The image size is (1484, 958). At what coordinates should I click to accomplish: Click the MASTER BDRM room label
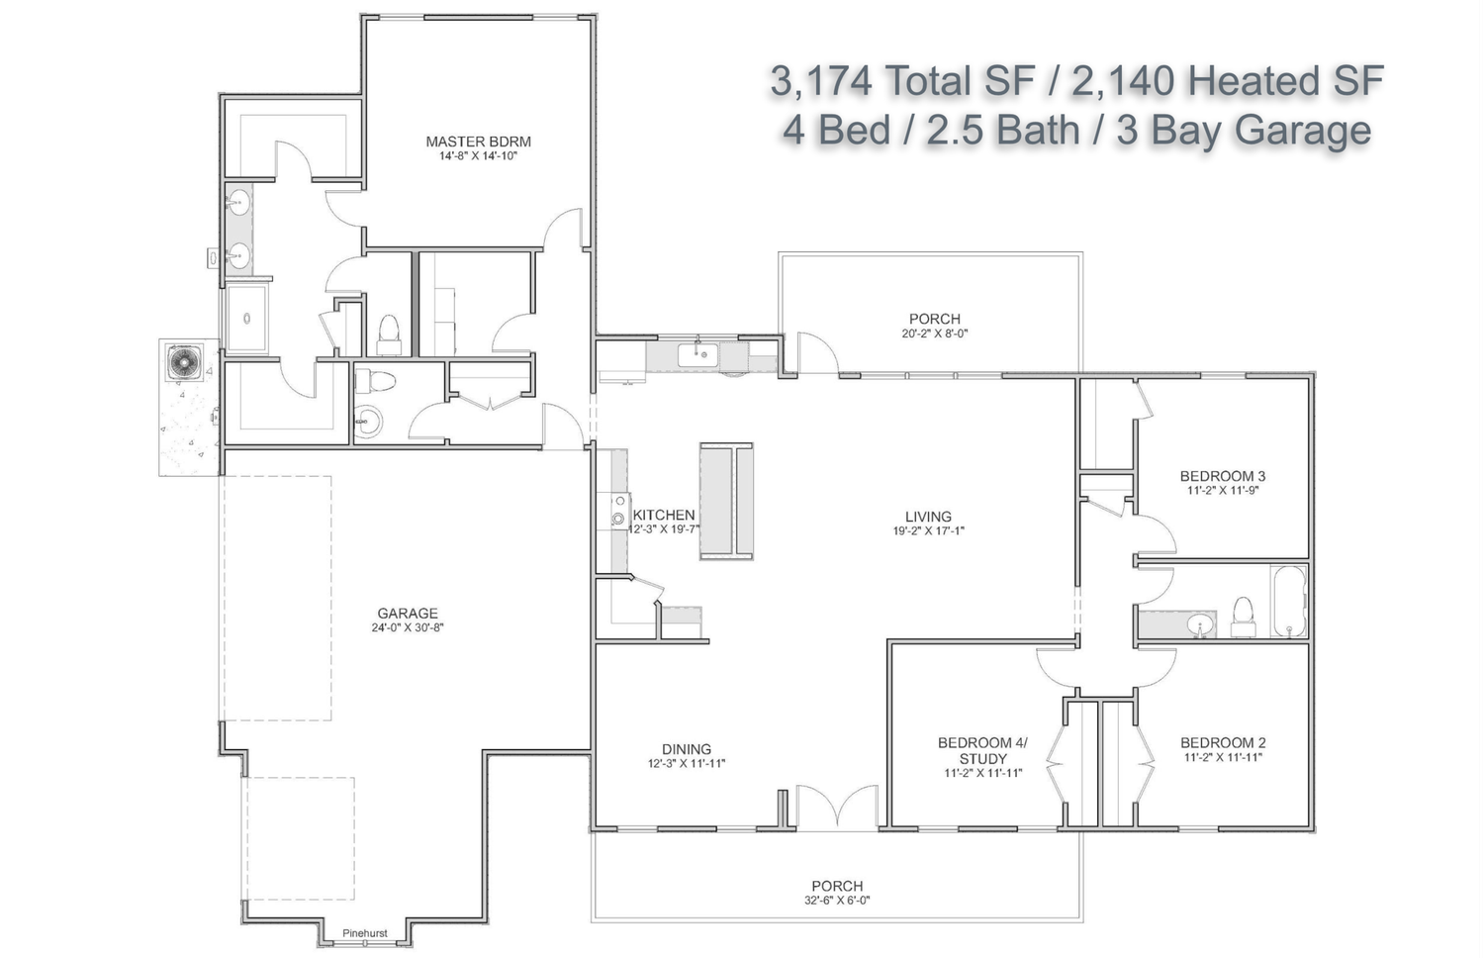click(478, 142)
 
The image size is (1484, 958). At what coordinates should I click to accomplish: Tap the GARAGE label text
click(408, 614)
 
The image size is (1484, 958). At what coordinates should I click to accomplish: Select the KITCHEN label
click(664, 515)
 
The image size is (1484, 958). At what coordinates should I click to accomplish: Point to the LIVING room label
click(928, 517)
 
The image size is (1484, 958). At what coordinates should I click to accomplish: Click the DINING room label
click(687, 749)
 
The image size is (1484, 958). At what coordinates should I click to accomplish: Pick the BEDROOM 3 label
click(1222, 476)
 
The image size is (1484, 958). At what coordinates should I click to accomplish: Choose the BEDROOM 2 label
click(1223, 742)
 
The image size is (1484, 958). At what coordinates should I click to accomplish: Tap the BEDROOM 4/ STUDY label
click(983, 750)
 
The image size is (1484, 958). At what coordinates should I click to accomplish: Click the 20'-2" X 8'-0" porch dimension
click(934, 334)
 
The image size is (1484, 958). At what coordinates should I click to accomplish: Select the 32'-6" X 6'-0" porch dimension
click(837, 901)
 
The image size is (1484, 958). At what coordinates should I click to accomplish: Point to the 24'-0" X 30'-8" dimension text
click(408, 628)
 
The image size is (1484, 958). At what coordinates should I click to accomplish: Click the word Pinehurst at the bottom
click(364, 933)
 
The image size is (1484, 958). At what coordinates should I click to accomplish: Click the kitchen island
click(726, 501)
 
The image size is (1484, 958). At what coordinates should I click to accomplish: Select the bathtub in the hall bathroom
click(1288, 602)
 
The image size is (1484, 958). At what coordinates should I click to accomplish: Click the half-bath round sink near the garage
click(368, 422)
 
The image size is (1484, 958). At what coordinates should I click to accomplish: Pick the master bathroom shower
click(246, 319)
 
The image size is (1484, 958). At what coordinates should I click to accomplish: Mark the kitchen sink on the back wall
click(696, 354)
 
